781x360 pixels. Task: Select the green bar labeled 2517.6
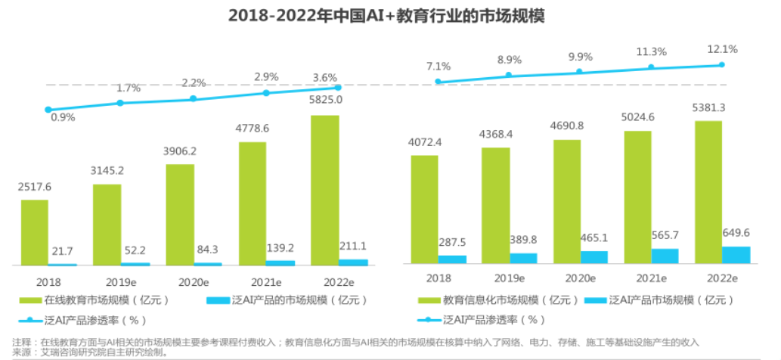(x=35, y=232)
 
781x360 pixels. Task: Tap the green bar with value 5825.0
(x=325, y=190)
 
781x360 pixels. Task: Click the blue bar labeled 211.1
(x=353, y=262)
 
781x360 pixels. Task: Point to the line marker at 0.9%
(x=48, y=110)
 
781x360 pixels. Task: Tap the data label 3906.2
(x=181, y=151)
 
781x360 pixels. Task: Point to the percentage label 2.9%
(x=265, y=76)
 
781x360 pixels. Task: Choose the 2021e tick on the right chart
(x=649, y=278)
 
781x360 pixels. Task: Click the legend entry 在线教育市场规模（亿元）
(x=99, y=300)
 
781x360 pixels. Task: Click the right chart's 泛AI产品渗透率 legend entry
(x=494, y=319)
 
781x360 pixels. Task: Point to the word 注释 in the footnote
(x=22, y=342)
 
